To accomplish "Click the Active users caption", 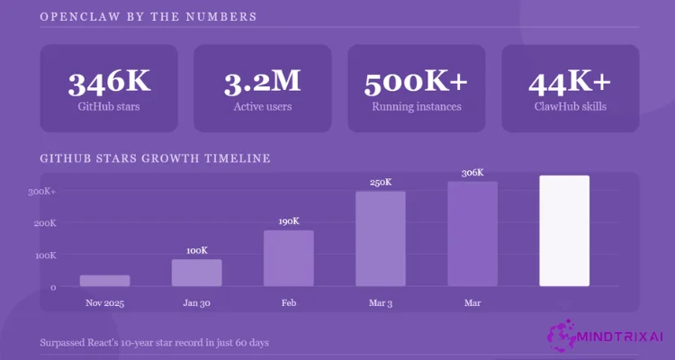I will click(x=262, y=107).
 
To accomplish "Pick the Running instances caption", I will click(x=416, y=107).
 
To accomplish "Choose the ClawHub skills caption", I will click(x=570, y=107).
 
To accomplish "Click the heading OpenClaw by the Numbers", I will click(x=148, y=16).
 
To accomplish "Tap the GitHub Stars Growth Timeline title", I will click(x=155, y=158).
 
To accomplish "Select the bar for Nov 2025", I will click(x=104, y=281).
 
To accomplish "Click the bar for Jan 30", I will click(x=196, y=273).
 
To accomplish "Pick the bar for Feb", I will click(x=289, y=258).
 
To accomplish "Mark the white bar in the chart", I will click(x=564, y=231).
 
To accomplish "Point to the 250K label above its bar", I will click(x=381, y=183).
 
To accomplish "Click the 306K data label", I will click(x=472, y=173).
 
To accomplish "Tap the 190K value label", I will click(x=289, y=221).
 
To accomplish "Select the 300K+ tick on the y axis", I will click(x=42, y=192).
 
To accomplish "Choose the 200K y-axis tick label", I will click(x=44, y=223).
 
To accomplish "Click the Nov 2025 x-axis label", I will click(x=104, y=302).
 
